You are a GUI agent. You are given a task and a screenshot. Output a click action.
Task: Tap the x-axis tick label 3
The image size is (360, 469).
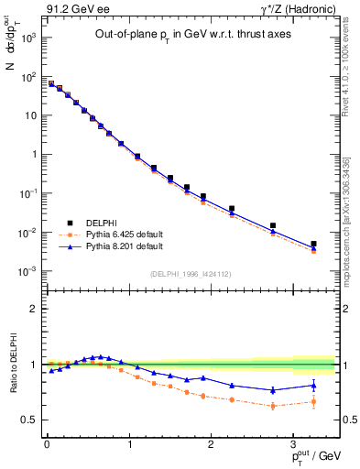pos(293,444)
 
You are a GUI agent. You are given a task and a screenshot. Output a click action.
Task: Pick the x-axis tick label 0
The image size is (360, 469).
pos(47,444)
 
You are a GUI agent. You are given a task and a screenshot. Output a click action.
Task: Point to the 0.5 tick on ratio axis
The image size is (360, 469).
pos(28,420)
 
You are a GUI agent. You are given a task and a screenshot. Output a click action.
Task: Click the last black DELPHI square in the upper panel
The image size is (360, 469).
pos(313,245)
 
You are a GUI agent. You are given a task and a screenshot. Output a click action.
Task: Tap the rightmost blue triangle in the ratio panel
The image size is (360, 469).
pos(313,385)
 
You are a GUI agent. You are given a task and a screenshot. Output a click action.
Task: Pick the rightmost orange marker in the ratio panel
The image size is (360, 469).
pos(313,401)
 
